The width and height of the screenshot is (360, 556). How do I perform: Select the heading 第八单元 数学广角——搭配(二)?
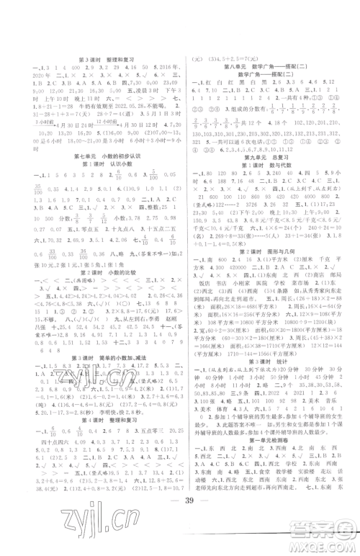[269, 67]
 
